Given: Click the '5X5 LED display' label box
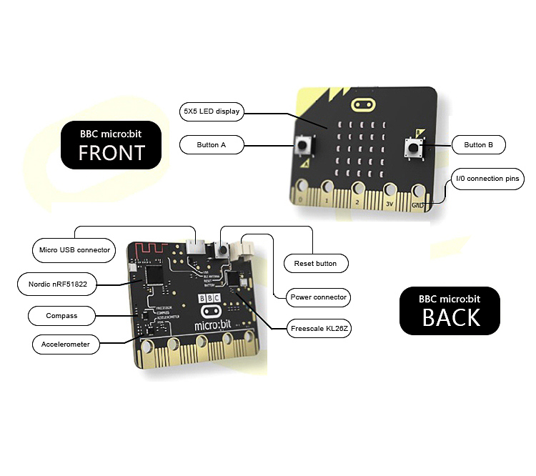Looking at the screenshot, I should tap(212, 111).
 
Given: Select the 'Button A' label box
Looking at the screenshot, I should tap(212, 145).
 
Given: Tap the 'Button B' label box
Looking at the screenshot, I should tap(478, 145).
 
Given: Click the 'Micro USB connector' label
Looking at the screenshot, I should tap(74, 250).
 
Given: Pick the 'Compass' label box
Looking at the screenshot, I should tap(61, 315).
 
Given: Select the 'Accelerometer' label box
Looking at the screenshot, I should tap(65, 344).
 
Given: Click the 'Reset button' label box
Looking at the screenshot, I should tap(315, 264).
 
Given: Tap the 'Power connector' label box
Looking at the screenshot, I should tap(319, 297).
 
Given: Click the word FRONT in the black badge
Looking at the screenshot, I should tap(111, 152).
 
